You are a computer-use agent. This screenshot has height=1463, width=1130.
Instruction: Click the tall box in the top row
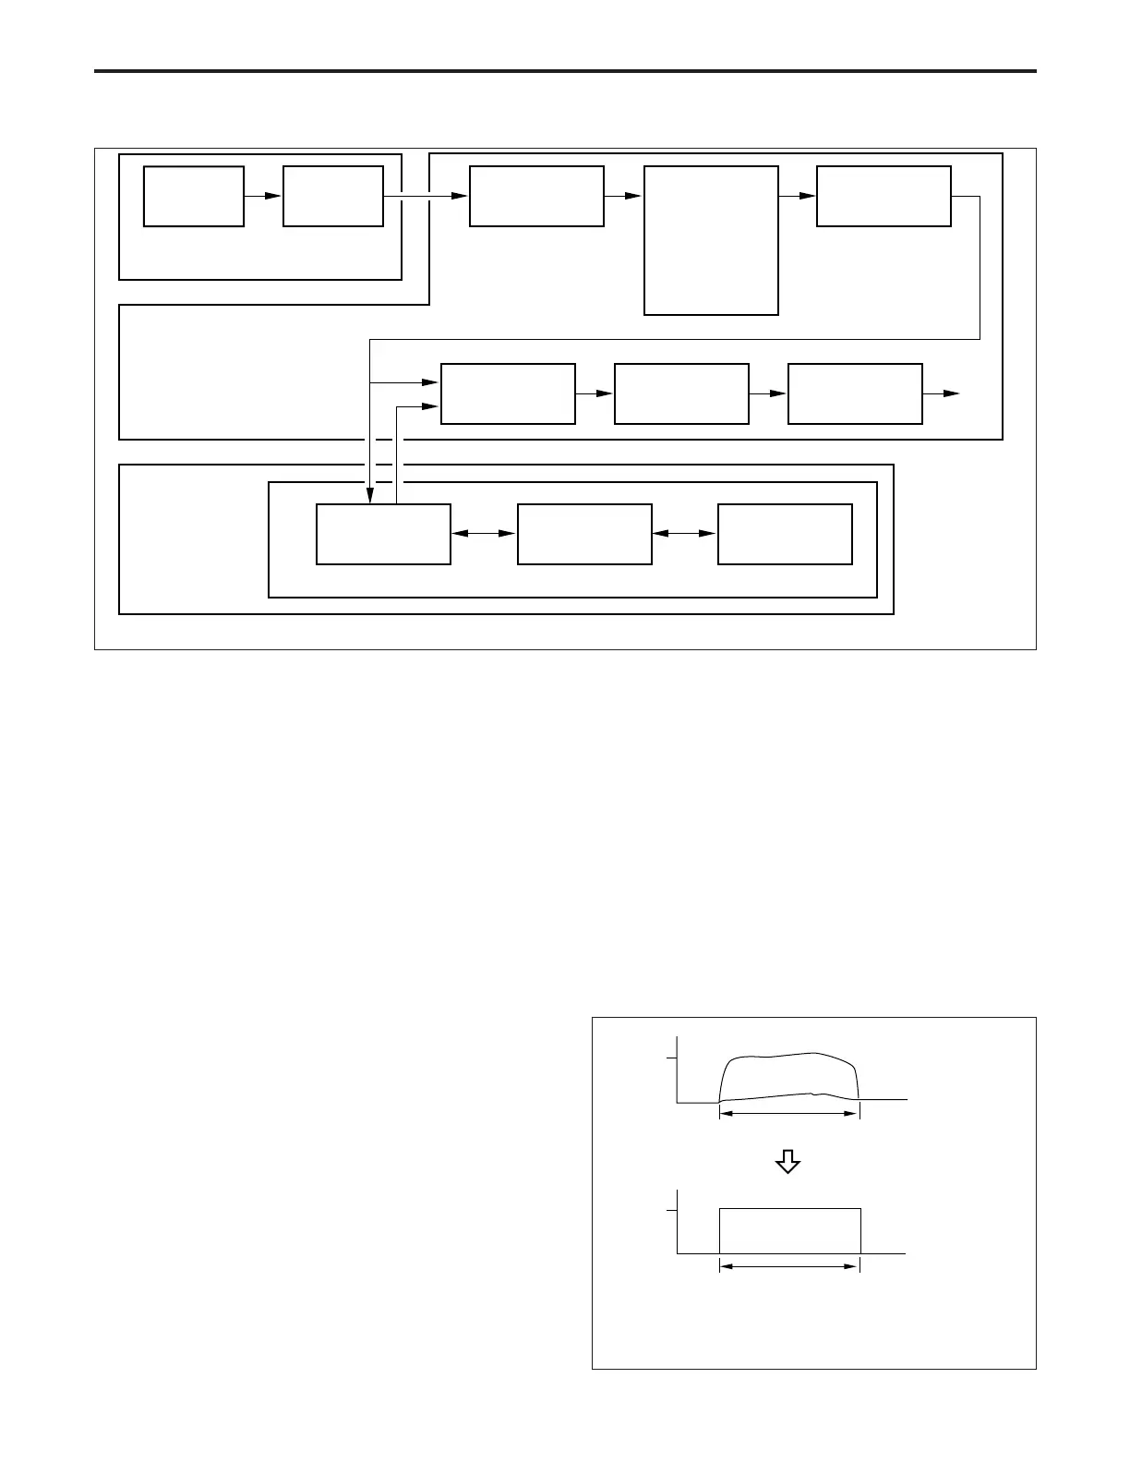[711, 240]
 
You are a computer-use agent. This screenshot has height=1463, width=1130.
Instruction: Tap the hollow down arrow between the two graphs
[787, 1161]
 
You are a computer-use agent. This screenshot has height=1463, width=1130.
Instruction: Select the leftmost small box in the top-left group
[194, 196]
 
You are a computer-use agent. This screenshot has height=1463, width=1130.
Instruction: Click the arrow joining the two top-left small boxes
[263, 196]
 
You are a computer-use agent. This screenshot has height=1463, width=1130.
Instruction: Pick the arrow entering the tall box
[624, 196]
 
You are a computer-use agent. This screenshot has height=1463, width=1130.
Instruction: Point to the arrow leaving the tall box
[798, 196]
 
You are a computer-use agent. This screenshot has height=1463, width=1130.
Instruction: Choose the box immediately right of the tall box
[884, 196]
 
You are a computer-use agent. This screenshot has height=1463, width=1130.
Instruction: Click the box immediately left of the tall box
[536, 196]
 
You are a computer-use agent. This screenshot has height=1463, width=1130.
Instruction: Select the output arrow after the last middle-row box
[942, 393]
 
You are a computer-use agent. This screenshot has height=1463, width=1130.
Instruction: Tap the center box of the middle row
[681, 393]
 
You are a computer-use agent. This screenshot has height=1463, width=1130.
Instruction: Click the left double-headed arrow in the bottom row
[484, 533]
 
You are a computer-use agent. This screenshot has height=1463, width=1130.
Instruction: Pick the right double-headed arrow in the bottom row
[684, 533]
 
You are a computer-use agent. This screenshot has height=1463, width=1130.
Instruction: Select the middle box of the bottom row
[584, 533]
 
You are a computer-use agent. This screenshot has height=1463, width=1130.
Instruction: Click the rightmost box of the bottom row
[785, 533]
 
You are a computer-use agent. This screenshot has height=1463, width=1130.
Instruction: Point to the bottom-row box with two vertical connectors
[383, 533]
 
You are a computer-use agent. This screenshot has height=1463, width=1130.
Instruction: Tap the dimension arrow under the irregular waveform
[789, 1115]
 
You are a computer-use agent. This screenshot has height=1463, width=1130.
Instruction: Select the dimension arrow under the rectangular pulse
[789, 1266]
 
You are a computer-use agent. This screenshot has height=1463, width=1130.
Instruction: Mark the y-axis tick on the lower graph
[672, 1210]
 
